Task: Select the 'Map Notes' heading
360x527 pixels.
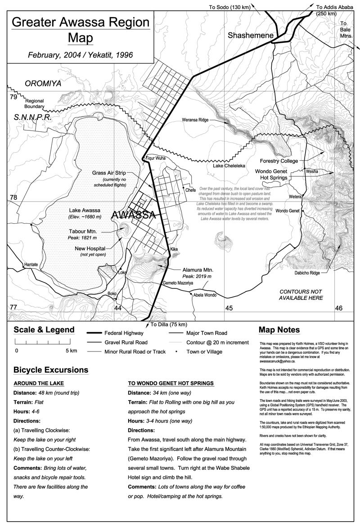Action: [x=279, y=330]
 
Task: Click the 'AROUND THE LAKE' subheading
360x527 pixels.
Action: [x=38, y=383]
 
